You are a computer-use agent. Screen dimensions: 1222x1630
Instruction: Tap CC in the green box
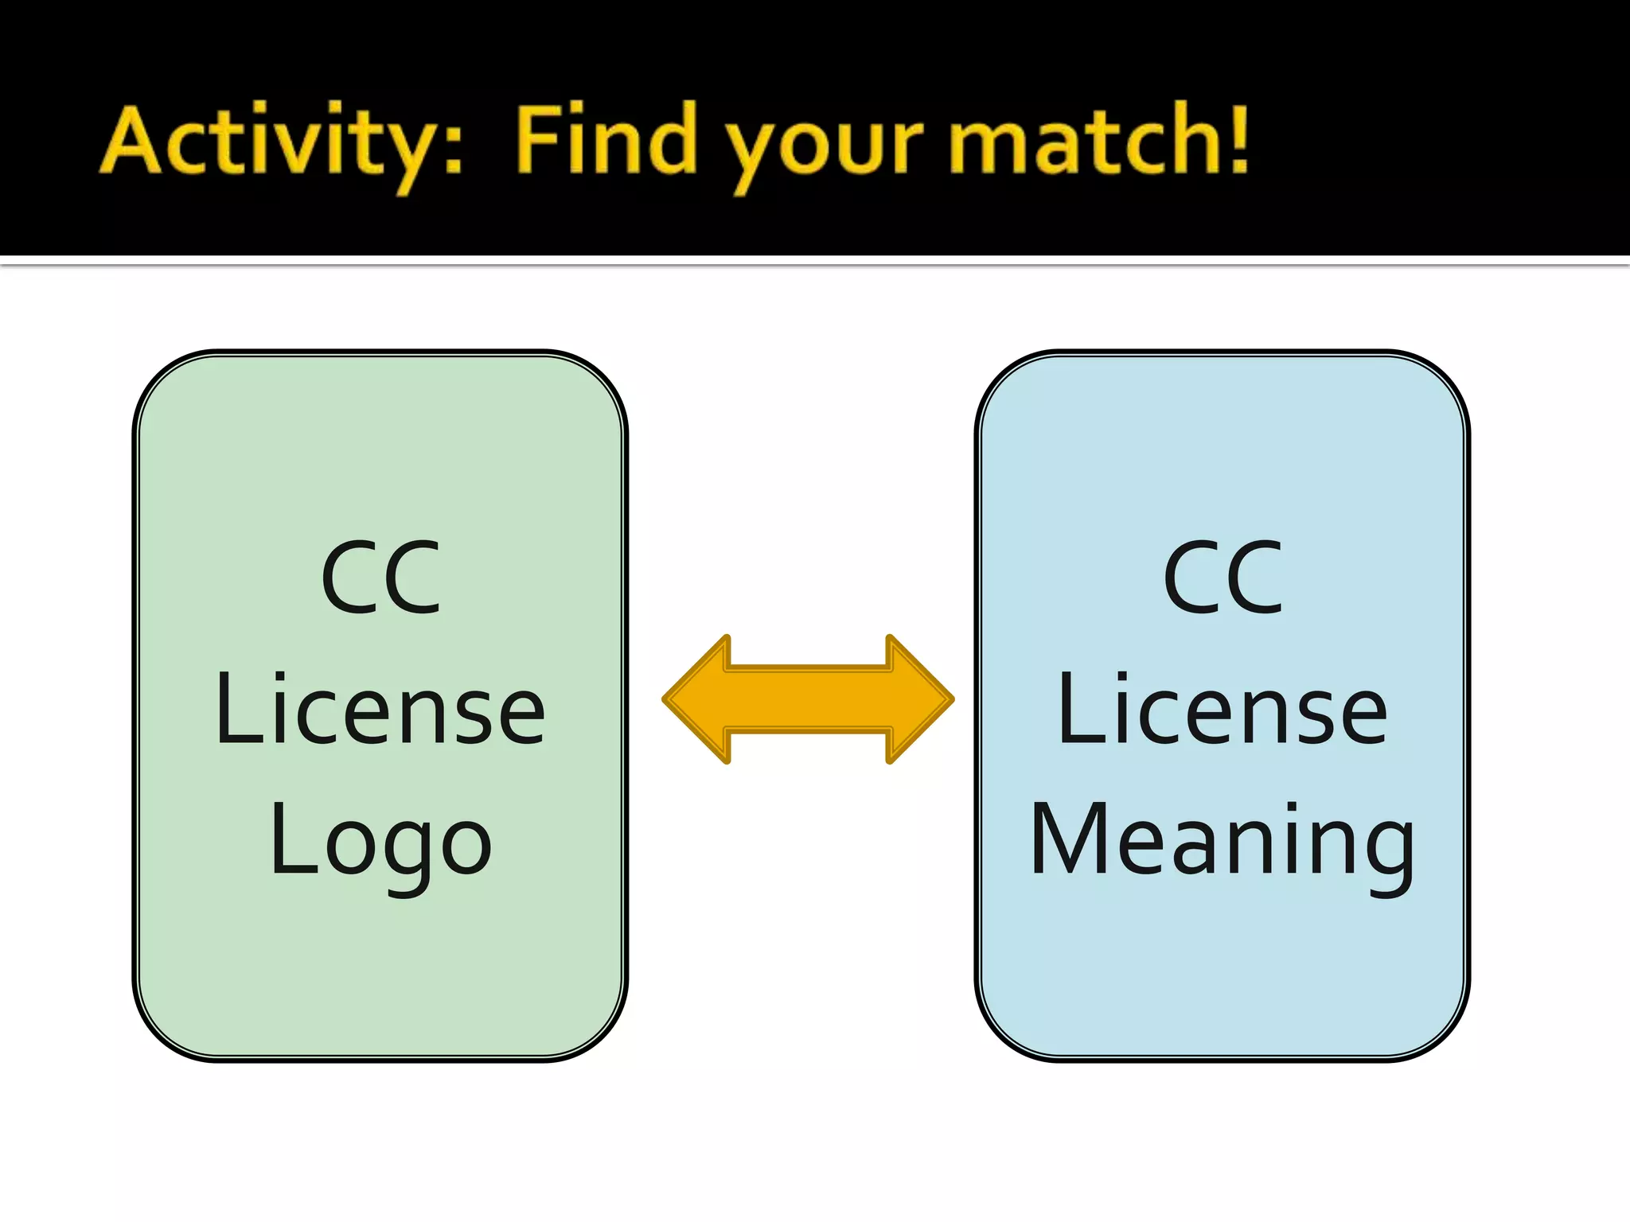[380, 578]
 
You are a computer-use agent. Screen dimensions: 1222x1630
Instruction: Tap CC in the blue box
[1222, 578]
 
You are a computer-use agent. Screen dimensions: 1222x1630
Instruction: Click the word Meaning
[1222, 842]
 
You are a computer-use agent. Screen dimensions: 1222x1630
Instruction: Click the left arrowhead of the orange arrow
[696, 699]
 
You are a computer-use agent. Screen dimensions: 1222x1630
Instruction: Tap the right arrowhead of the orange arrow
[919, 699]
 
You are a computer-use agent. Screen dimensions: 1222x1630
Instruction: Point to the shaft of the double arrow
[808, 699]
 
